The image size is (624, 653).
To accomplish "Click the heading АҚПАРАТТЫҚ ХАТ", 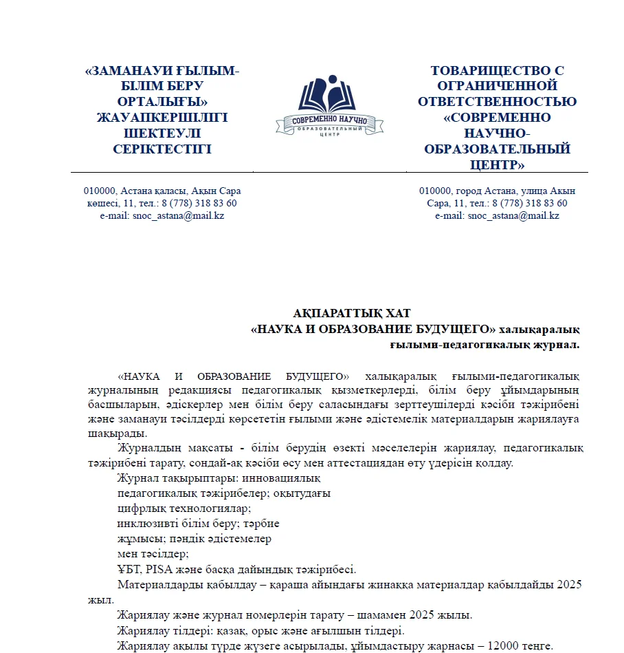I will click(352, 314).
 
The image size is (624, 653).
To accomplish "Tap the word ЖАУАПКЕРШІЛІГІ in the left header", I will click(162, 118).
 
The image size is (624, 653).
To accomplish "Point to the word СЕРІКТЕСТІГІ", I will click(162, 149).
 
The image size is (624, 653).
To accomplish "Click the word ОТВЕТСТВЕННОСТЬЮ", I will click(498, 102).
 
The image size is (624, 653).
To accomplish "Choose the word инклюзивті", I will click(143, 524).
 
